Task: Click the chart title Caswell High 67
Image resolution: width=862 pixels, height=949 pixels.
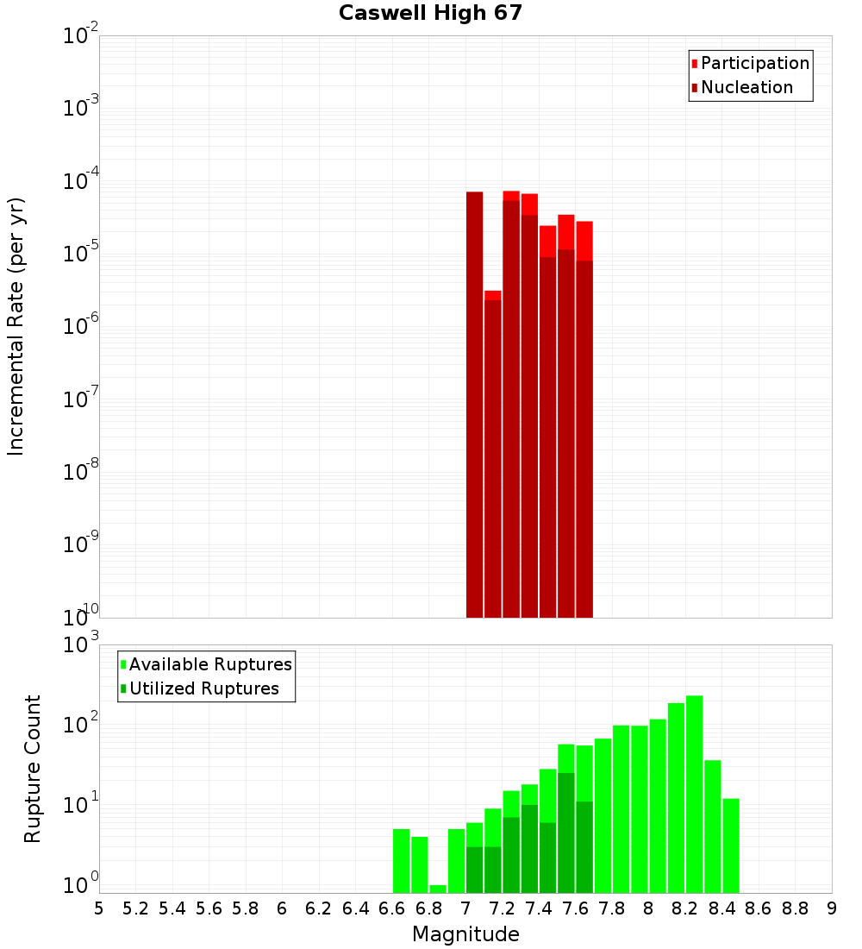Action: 430,13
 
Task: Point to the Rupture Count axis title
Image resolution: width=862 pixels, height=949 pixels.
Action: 33,768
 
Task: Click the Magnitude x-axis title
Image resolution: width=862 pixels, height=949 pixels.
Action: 465,934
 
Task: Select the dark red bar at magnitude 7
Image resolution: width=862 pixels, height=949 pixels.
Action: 474,405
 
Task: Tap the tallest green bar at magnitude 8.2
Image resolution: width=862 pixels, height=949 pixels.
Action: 694,794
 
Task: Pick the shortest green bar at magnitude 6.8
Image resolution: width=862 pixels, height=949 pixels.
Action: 438,889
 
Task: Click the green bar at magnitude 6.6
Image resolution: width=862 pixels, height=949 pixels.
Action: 401,861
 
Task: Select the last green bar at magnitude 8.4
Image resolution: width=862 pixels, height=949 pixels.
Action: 731,845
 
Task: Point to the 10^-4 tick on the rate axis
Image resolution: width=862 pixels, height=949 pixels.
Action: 81,181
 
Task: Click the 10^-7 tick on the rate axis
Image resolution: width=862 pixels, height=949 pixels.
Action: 81,399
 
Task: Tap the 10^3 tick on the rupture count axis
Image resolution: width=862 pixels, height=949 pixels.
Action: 81,644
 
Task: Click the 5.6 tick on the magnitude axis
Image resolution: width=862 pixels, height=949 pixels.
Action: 209,908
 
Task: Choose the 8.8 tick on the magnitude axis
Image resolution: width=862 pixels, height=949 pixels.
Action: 795,908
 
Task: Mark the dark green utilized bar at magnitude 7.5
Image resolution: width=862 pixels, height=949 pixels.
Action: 565,833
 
